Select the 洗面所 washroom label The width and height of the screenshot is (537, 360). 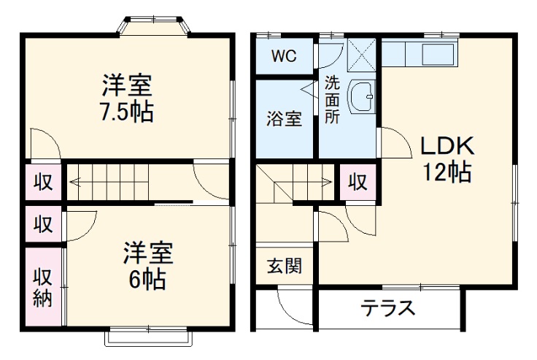tap(332, 100)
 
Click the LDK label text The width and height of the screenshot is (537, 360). tap(446, 145)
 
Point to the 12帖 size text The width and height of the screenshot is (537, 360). tap(446, 172)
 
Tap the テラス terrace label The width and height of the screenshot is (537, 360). tap(388, 307)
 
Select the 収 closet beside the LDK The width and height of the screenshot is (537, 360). tap(357, 182)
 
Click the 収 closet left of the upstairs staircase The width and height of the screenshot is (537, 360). tap(42, 182)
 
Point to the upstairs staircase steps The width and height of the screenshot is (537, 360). tap(109, 181)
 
